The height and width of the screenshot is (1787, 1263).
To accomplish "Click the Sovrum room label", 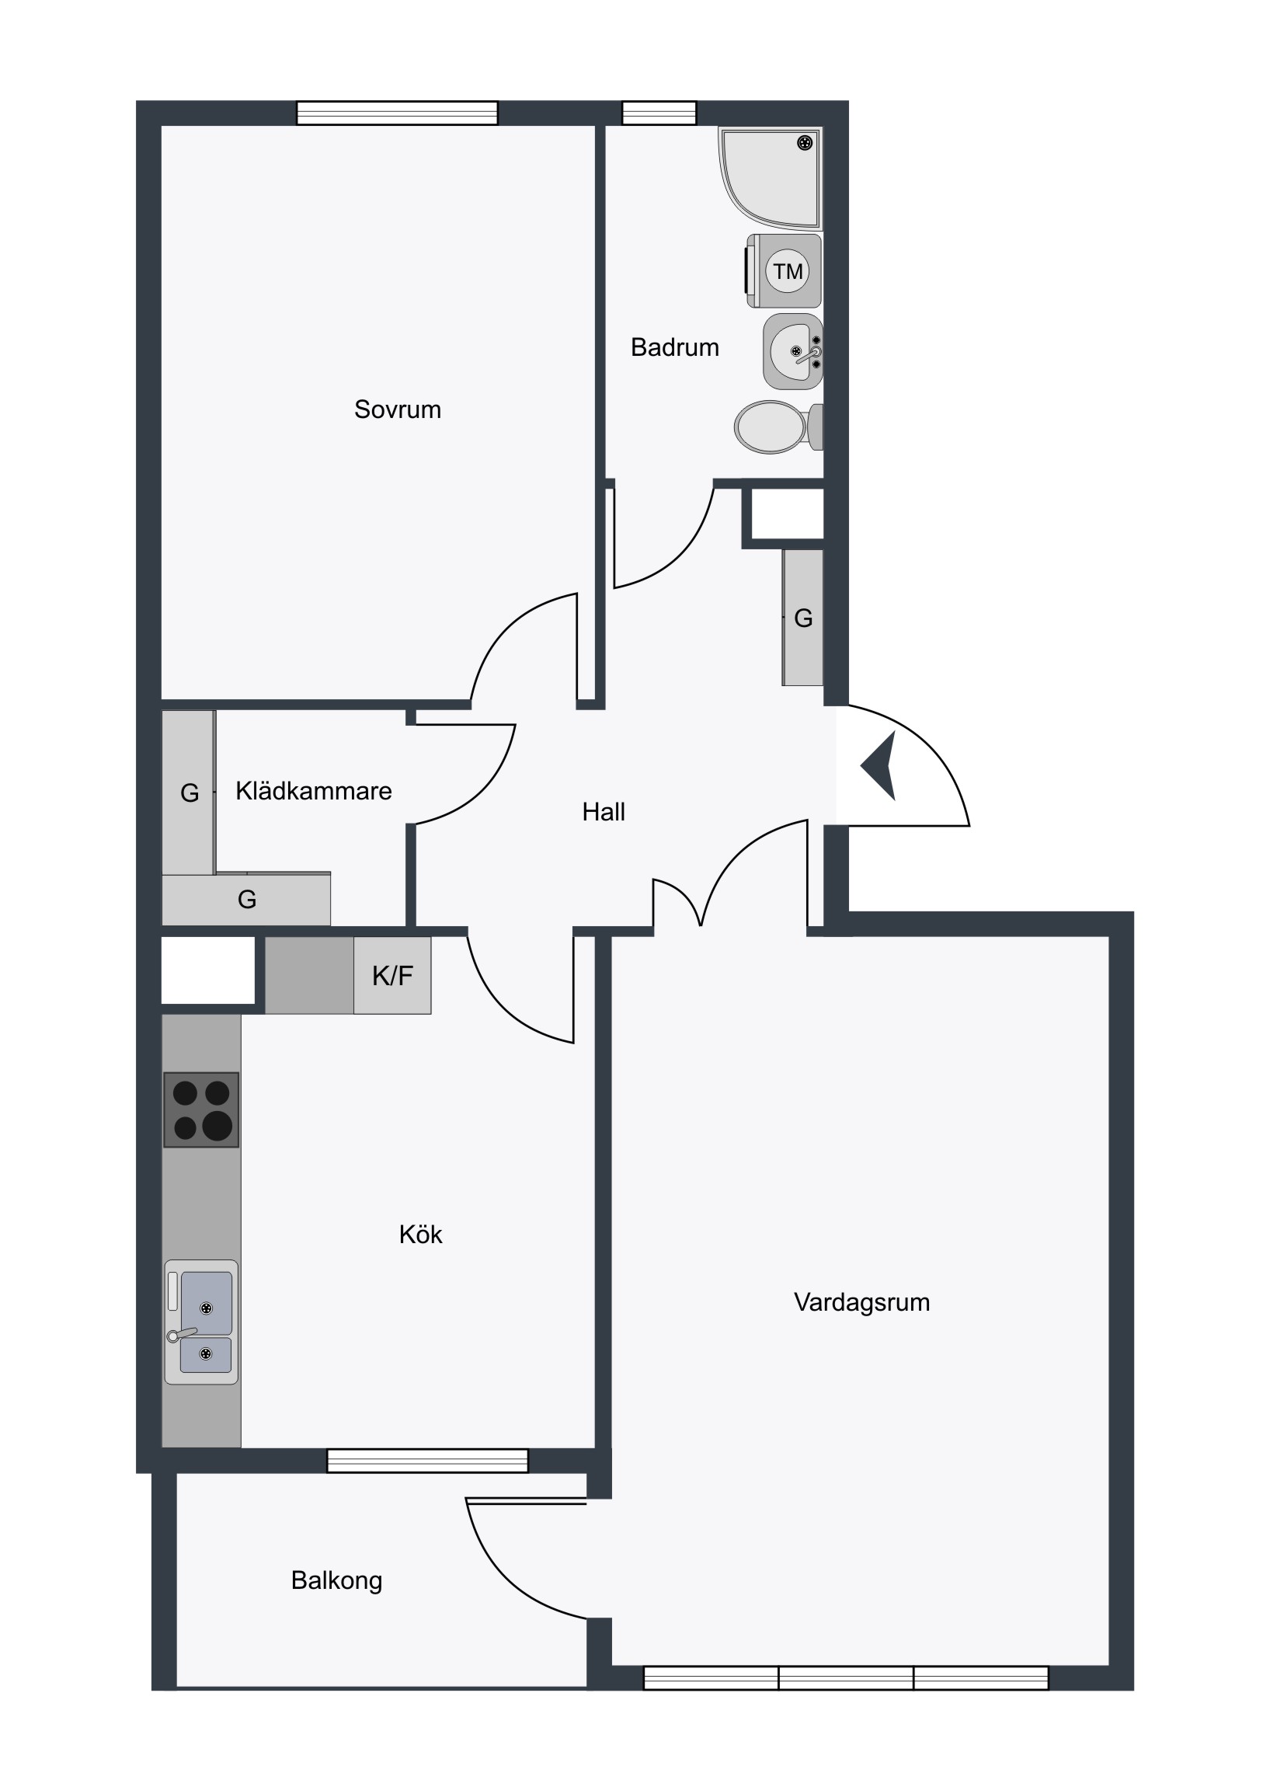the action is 397,409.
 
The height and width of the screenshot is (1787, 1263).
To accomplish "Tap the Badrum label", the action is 675,347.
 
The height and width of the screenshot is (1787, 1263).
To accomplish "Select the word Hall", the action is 604,812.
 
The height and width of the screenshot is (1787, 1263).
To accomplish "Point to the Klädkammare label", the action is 314,791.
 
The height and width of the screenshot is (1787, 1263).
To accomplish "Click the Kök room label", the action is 420,1234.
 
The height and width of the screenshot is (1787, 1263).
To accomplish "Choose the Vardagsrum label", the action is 861,1302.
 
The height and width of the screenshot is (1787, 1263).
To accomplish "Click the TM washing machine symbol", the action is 785,271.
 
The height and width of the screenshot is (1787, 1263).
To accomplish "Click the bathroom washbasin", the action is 793,352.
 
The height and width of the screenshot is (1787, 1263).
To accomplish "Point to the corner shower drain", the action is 805,142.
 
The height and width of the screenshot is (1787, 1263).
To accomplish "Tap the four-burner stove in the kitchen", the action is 200,1109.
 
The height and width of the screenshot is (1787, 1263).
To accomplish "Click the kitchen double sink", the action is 200,1322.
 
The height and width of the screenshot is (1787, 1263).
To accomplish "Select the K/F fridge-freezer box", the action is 392,975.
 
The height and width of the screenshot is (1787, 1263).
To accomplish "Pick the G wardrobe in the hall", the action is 802,618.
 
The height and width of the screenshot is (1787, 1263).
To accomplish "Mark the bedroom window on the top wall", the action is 397,113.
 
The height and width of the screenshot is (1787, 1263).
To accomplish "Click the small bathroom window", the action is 659,113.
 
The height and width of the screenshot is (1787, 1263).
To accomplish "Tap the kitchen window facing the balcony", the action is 427,1461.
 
